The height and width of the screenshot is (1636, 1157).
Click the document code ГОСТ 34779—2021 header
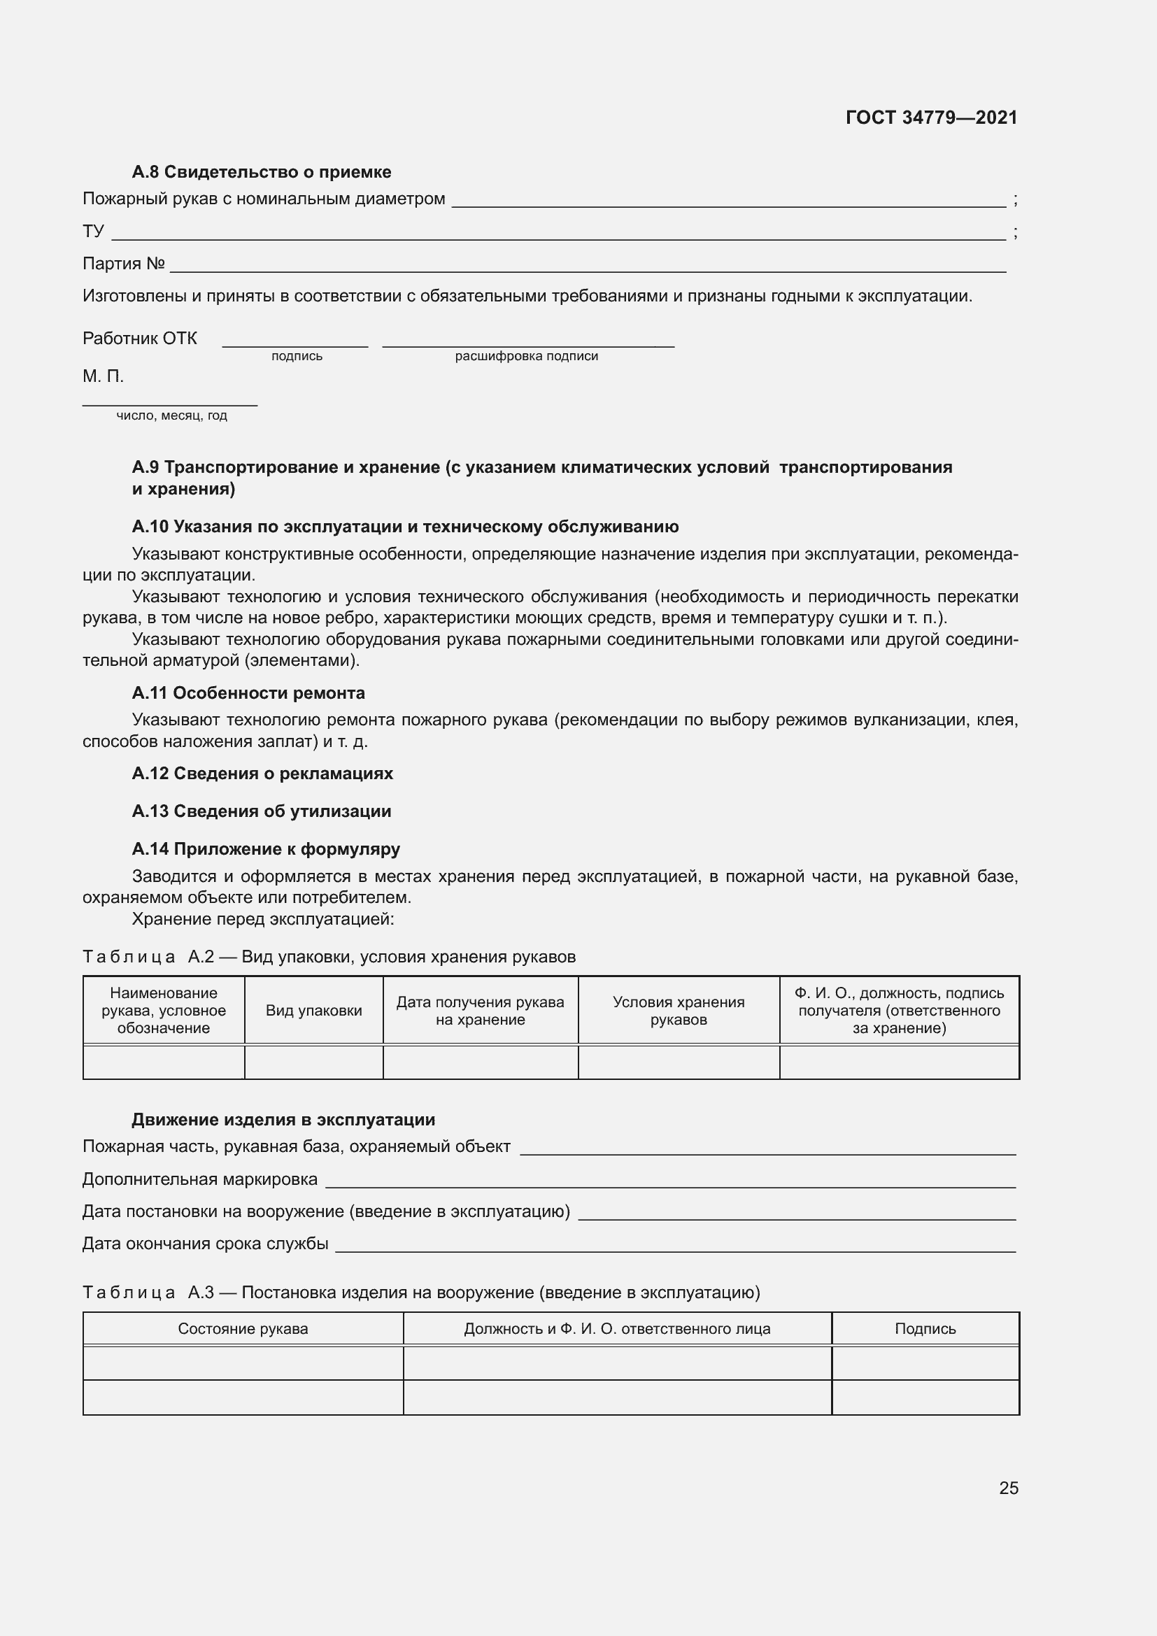tap(931, 118)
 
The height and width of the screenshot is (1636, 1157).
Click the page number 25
tap(1008, 1488)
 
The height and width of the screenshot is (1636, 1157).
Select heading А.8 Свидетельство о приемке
tap(262, 172)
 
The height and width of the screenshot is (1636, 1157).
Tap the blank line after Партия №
tap(588, 268)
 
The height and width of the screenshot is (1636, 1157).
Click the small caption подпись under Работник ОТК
tap(297, 356)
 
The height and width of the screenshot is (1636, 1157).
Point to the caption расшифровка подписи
tap(527, 356)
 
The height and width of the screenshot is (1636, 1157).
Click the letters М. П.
tap(104, 376)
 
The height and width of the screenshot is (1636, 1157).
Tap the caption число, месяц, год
tap(171, 416)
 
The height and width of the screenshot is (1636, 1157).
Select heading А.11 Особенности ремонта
tap(248, 692)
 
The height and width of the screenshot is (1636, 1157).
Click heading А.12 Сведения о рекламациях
tap(262, 773)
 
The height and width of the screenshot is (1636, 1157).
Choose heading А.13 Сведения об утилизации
tap(262, 811)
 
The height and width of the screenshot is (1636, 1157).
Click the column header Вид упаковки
tap(313, 1011)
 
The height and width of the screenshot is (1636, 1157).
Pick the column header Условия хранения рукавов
tap(679, 1011)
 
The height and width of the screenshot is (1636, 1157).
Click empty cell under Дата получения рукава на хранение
tap(480, 1062)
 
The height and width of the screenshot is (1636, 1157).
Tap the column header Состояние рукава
tap(243, 1329)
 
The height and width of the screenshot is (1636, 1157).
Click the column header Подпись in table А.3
tap(925, 1329)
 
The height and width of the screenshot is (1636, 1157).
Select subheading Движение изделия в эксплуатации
tap(283, 1119)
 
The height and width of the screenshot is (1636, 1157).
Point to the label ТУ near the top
tap(93, 232)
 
